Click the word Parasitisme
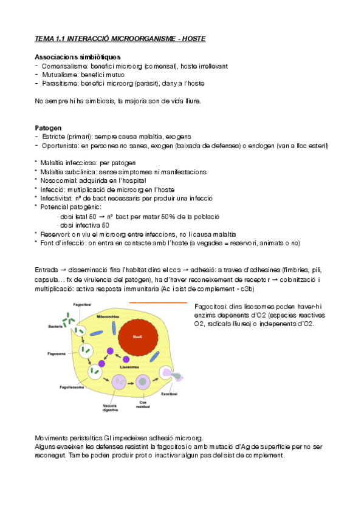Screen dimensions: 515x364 click(58, 83)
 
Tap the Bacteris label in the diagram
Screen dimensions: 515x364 click(56, 327)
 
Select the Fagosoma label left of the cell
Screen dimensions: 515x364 click(57, 352)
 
